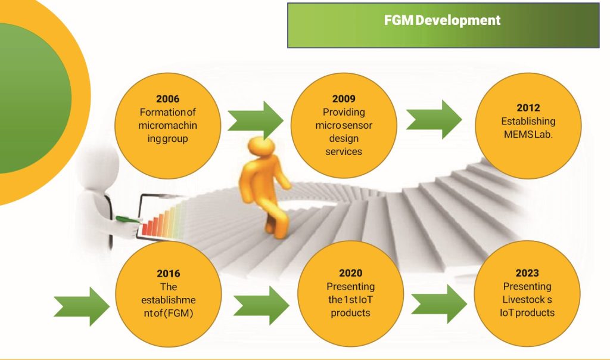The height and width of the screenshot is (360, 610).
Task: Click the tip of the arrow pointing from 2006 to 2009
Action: click(x=284, y=120)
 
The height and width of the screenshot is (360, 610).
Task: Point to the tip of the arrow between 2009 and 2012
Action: click(x=462, y=119)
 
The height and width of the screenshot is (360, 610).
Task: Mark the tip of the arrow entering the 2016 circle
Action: click(x=110, y=306)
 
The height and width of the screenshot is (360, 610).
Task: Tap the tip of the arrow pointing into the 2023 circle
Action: click(x=467, y=304)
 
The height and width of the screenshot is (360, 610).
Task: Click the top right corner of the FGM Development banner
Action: click(x=599, y=4)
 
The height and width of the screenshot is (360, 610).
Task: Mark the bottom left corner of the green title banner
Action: click(x=288, y=48)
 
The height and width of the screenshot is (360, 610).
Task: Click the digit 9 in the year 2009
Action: click(x=353, y=99)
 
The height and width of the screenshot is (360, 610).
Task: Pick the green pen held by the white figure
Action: click(x=128, y=219)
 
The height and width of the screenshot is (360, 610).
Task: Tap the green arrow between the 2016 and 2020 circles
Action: click(x=262, y=306)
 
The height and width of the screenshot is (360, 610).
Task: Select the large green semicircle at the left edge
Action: click(x=35, y=98)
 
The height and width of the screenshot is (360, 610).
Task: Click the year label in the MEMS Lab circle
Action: click(x=528, y=108)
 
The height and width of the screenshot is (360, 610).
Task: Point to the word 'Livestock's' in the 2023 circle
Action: click(x=527, y=299)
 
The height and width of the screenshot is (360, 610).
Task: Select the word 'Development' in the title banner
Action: click(x=458, y=20)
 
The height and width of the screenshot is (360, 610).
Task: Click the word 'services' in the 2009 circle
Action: click(x=344, y=151)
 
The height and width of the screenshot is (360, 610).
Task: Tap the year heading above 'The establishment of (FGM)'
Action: click(x=169, y=274)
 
